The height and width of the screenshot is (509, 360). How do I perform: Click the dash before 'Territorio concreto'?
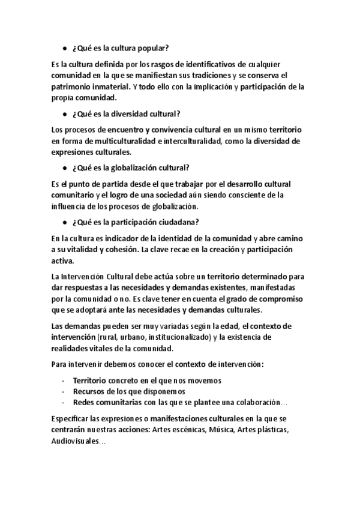[x=64, y=381]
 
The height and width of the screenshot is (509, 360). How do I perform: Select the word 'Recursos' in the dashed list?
[x=89, y=391]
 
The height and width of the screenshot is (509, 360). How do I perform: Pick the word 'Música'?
[x=219, y=430]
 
